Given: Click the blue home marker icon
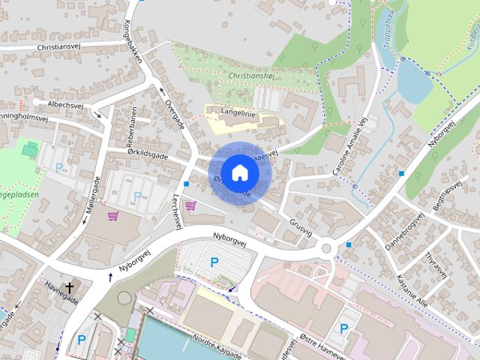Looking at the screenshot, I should click(x=239, y=173).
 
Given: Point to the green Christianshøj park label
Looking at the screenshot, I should click(x=252, y=76).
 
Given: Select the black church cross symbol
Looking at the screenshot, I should click(x=70, y=287).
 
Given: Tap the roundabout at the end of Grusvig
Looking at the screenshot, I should click(x=327, y=248).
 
